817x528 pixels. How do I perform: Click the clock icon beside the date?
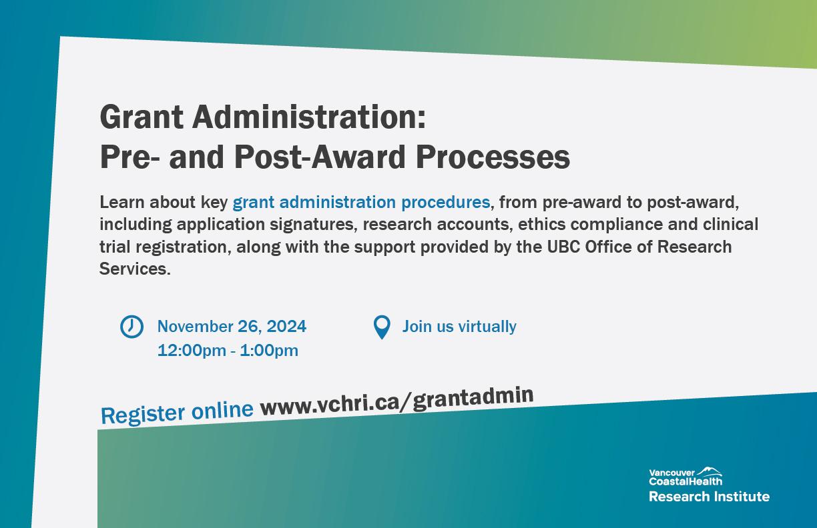[x=131, y=327]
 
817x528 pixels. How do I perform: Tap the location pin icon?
[x=382, y=327]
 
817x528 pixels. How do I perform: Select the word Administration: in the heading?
[x=309, y=117]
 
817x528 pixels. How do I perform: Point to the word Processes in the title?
[x=493, y=157]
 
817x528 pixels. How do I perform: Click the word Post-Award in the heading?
[x=320, y=157]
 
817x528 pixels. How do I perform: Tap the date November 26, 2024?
[x=232, y=326]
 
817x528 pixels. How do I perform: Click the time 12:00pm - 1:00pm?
[x=228, y=351]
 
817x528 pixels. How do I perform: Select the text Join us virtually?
[x=459, y=327]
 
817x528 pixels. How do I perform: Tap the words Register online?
[x=177, y=413]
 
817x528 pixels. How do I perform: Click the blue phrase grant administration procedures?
[x=361, y=202]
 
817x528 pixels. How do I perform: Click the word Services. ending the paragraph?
[x=135, y=269]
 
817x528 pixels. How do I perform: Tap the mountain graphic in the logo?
[x=709, y=471]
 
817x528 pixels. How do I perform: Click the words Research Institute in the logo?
[x=709, y=497]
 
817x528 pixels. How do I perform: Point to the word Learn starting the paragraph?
[x=121, y=202]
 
